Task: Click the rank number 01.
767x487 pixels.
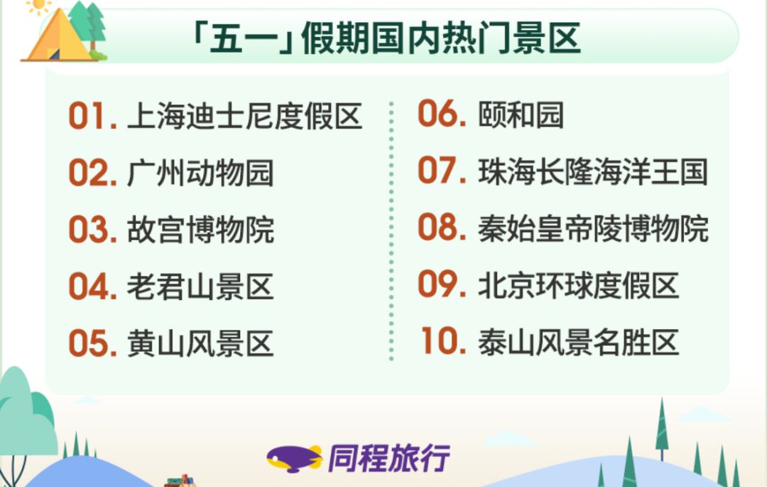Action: pos(92,117)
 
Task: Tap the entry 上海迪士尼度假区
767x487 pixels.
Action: pos(244,117)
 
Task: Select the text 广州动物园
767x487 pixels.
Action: pos(200,173)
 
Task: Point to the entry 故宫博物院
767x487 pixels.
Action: pos(200,230)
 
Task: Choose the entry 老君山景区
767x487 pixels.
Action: pos(200,287)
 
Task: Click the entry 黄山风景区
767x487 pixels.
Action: pos(200,344)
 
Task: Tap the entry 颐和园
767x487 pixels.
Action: pos(521,115)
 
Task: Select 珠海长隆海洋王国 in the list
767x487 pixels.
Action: pos(593,172)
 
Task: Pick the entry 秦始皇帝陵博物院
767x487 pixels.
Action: pos(593,229)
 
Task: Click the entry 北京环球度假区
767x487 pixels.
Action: pos(578,285)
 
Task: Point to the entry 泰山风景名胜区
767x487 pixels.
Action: pos(578,342)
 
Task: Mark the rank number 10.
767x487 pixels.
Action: pos(442,341)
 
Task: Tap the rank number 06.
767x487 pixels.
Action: pos(441,114)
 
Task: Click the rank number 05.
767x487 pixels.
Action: pos(92,344)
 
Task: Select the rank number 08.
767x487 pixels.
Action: pos(441,228)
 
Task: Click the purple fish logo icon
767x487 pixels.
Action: pos(294,459)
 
